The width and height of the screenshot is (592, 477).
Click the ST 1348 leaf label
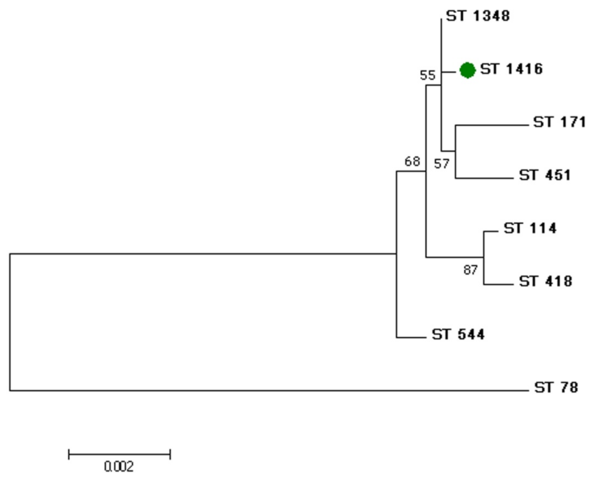coord(478,16)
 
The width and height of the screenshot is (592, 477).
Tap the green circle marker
coord(467,70)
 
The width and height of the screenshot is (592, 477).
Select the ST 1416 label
coord(512,69)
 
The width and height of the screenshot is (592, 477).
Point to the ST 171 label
coord(560,122)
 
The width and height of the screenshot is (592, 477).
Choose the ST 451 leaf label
coord(545,175)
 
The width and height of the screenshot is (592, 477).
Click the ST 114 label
coord(530,228)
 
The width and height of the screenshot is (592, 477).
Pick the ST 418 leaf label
coord(545,281)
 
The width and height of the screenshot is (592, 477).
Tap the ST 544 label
coord(458,334)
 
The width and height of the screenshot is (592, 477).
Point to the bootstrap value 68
coord(412,162)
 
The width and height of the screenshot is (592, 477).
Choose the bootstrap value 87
coord(471,270)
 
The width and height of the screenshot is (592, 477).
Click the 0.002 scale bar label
coord(119,466)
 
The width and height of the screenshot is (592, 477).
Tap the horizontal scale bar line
coord(119,454)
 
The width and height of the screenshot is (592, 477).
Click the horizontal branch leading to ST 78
coord(269,390)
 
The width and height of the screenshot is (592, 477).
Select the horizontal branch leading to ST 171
coord(492,125)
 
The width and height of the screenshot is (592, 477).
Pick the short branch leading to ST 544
coord(411,337)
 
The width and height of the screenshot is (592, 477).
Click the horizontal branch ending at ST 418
coord(498,284)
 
